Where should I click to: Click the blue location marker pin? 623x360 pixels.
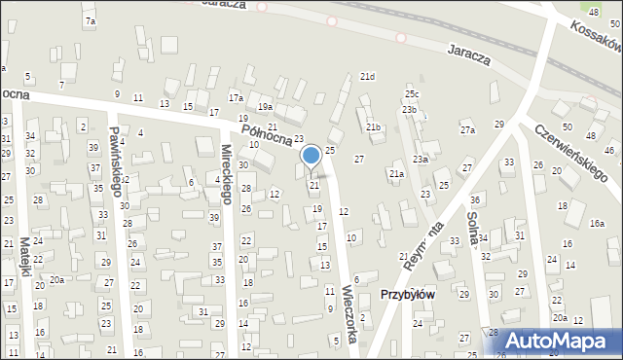click(311, 156)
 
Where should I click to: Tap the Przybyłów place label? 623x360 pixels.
click(408, 295)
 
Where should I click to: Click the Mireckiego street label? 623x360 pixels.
click(226, 174)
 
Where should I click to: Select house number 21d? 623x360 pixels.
click(367, 76)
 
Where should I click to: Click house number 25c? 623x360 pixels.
click(412, 94)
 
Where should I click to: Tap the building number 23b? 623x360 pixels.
click(409, 110)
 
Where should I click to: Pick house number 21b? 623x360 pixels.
click(374, 127)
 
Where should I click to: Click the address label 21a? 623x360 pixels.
click(396, 174)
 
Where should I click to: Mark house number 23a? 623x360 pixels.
click(421, 159)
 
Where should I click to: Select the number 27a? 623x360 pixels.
click(468, 130)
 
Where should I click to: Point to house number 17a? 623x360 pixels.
click(236, 98)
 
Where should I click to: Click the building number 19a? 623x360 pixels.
click(265, 107)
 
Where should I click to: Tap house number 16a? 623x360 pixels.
click(597, 223)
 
